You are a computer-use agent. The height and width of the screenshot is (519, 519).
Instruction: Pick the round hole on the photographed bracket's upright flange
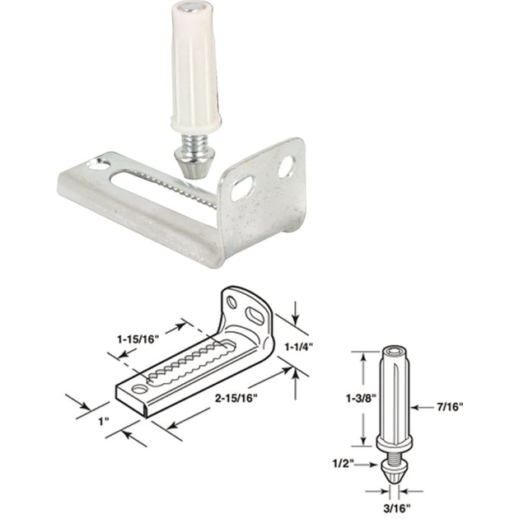click(x=285, y=167)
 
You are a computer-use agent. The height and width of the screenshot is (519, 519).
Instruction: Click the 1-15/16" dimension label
click(x=138, y=338)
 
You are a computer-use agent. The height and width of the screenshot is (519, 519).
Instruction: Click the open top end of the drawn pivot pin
click(x=391, y=353)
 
